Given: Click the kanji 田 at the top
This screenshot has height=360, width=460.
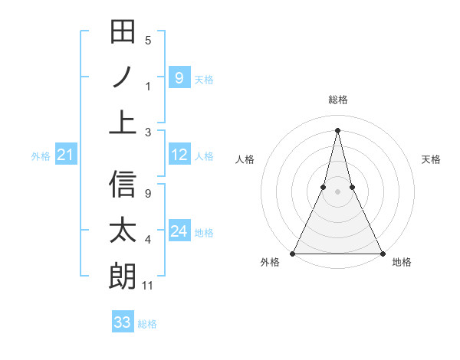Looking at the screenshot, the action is (x=123, y=32).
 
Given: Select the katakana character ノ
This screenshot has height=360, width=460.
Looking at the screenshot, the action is (x=123, y=77).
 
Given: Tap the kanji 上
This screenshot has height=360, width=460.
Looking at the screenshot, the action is (x=123, y=121).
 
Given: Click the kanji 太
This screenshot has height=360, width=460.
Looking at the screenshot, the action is (x=123, y=230).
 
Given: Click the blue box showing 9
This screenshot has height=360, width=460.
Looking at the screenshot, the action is (x=179, y=77).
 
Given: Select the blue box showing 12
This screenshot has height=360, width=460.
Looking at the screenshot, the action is (x=179, y=155).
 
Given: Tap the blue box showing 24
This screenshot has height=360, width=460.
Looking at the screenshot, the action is (x=179, y=231).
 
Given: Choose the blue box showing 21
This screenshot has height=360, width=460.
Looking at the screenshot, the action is (x=65, y=155).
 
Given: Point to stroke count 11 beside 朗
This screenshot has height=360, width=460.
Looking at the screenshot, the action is (x=148, y=286).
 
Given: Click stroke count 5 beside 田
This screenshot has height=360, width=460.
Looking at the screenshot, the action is (x=148, y=41).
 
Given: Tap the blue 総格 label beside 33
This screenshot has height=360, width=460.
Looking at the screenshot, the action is (x=147, y=324).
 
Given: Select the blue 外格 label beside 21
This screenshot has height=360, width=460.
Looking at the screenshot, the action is (x=41, y=156).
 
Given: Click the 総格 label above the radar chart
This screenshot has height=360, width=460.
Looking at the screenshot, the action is (x=337, y=100).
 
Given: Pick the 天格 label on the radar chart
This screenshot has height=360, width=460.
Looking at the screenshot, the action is (x=431, y=159).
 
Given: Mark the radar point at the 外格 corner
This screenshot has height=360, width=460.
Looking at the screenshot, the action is (x=293, y=254).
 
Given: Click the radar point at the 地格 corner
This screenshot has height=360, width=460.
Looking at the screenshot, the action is (x=382, y=254).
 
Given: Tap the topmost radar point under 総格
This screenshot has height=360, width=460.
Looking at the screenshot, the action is (x=337, y=129).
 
